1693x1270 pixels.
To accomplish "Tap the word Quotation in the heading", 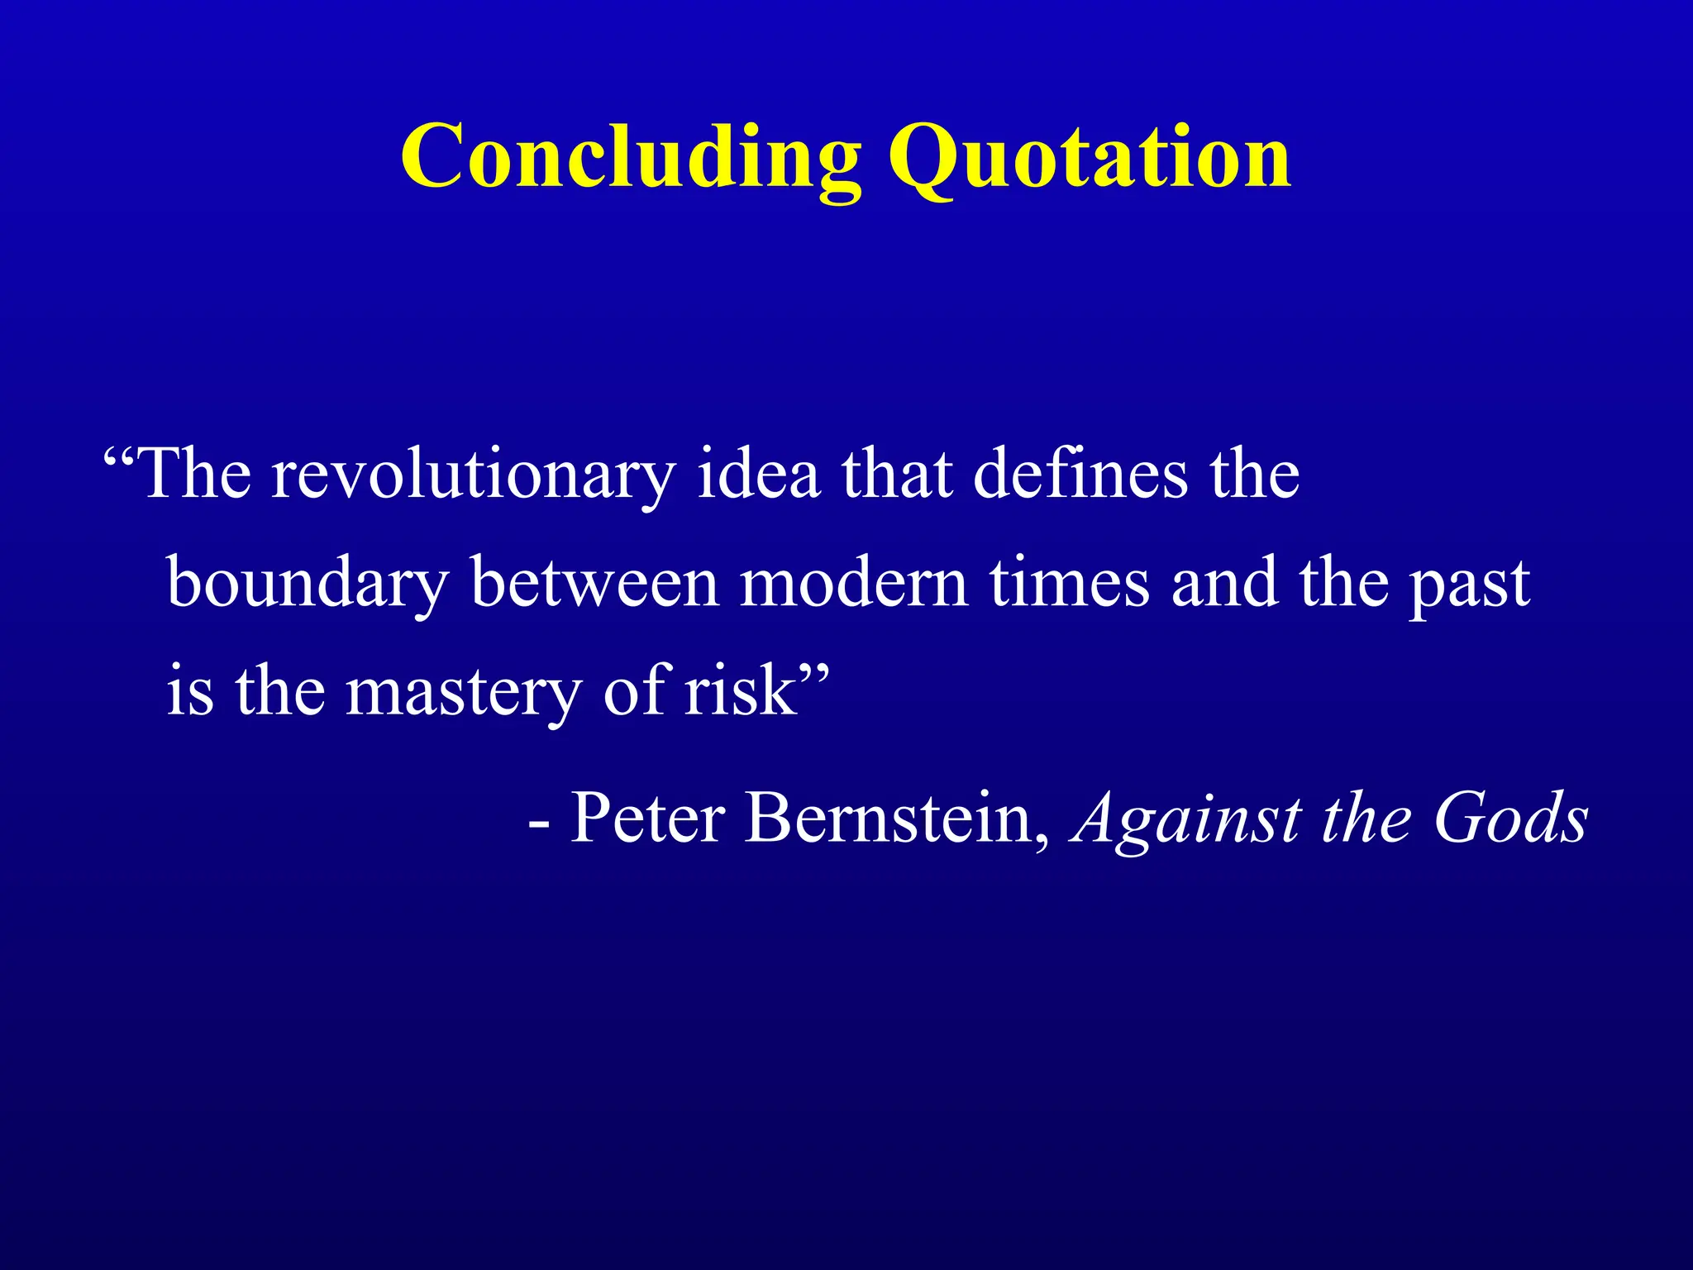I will pyautogui.click(x=1089, y=157).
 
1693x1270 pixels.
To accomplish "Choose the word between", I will pyautogui.click(x=595, y=582).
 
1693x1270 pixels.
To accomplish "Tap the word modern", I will pyautogui.click(x=853, y=582).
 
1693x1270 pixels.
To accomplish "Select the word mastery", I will pyautogui.click(x=463, y=693).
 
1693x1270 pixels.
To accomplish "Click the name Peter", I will pyautogui.click(x=648, y=818).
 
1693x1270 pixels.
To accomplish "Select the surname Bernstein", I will pyautogui.click(x=889, y=818).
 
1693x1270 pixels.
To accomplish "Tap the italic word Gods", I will pyautogui.click(x=1510, y=818).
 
